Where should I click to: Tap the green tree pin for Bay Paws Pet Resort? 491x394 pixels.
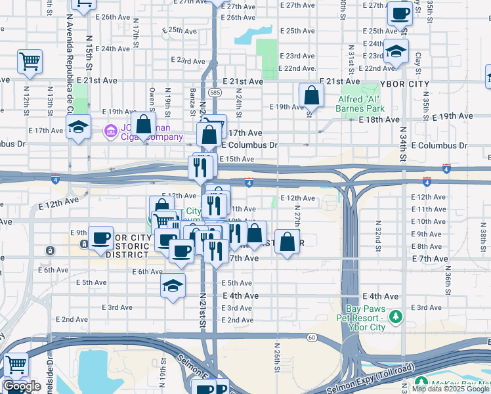coord(395,318)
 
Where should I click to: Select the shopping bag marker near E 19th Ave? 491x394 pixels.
coord(311,96)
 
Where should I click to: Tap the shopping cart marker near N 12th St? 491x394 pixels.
coord(30,62)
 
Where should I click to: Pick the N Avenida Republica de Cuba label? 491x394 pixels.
coord(68,72)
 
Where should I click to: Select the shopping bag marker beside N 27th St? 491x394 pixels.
coord(287,242)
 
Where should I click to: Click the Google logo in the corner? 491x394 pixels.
coord(22,386)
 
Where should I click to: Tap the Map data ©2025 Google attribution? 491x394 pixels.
coord(450,389)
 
